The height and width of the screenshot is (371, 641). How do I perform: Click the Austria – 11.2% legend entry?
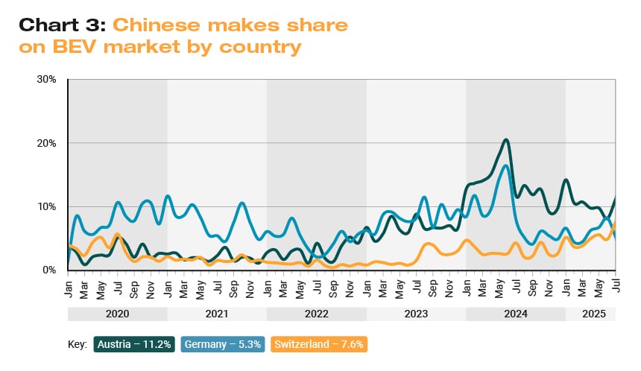pyautogui.click(x=134, y=345)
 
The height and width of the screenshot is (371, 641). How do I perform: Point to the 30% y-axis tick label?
pyautogui.click(x=47, y=79)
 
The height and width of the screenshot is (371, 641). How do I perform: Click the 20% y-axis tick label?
pyautogui.click(x=47, y=143)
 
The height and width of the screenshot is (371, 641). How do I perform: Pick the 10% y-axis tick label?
pyautogui.click(x=47, y=206)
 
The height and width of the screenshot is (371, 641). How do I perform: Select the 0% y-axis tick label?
pyautogui.click(x=50, y=270)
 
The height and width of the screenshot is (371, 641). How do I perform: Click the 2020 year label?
pyautogui.click(x=118, y=314)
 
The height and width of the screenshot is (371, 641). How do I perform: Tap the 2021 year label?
pyautogui.click(x=217, y=314)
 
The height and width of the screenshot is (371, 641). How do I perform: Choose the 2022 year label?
pyautogui.click(x=317, y=314)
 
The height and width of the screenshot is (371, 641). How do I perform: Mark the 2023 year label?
pyautogui.click(x=416, y=314)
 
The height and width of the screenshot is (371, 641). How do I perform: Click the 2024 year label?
pyautogui.click(x=516, y=314)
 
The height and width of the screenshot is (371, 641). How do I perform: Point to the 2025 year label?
pyautogui.click(x=590, y=314)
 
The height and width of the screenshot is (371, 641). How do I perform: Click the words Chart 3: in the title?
pyautogui.click(x=62, y=25)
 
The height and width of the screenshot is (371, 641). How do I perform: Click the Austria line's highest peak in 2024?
pyautogui.click(x=506, y=139)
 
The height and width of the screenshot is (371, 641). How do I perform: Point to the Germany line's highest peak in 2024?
pyautogui.click(x=506, y=165)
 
